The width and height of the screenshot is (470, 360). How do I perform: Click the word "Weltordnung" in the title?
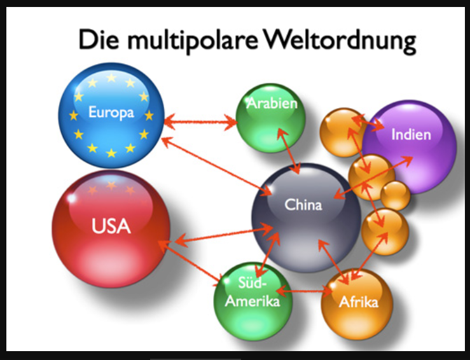[340, 41]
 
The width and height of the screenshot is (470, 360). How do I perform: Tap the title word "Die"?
[98, 41]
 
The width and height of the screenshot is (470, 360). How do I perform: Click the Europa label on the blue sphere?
[111, 113]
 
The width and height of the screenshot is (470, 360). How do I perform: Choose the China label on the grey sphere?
[303, 205]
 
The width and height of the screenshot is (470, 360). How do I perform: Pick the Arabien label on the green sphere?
[272, 103]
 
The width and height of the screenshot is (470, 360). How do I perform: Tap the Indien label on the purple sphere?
[411, 134]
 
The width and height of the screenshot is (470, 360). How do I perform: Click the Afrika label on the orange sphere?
[358, 301]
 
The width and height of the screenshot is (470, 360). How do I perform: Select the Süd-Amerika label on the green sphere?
[254, 294]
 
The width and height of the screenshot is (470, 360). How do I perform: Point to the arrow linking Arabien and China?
[289, 150]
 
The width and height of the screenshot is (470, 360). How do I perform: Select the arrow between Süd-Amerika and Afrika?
[303, 292]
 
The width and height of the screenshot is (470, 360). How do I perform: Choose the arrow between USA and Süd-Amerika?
[194, 263]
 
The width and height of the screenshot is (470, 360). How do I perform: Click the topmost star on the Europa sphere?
[111, 78]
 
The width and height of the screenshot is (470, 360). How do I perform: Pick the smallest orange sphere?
[396, 195]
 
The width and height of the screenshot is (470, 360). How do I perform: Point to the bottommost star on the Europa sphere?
[111, 153]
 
